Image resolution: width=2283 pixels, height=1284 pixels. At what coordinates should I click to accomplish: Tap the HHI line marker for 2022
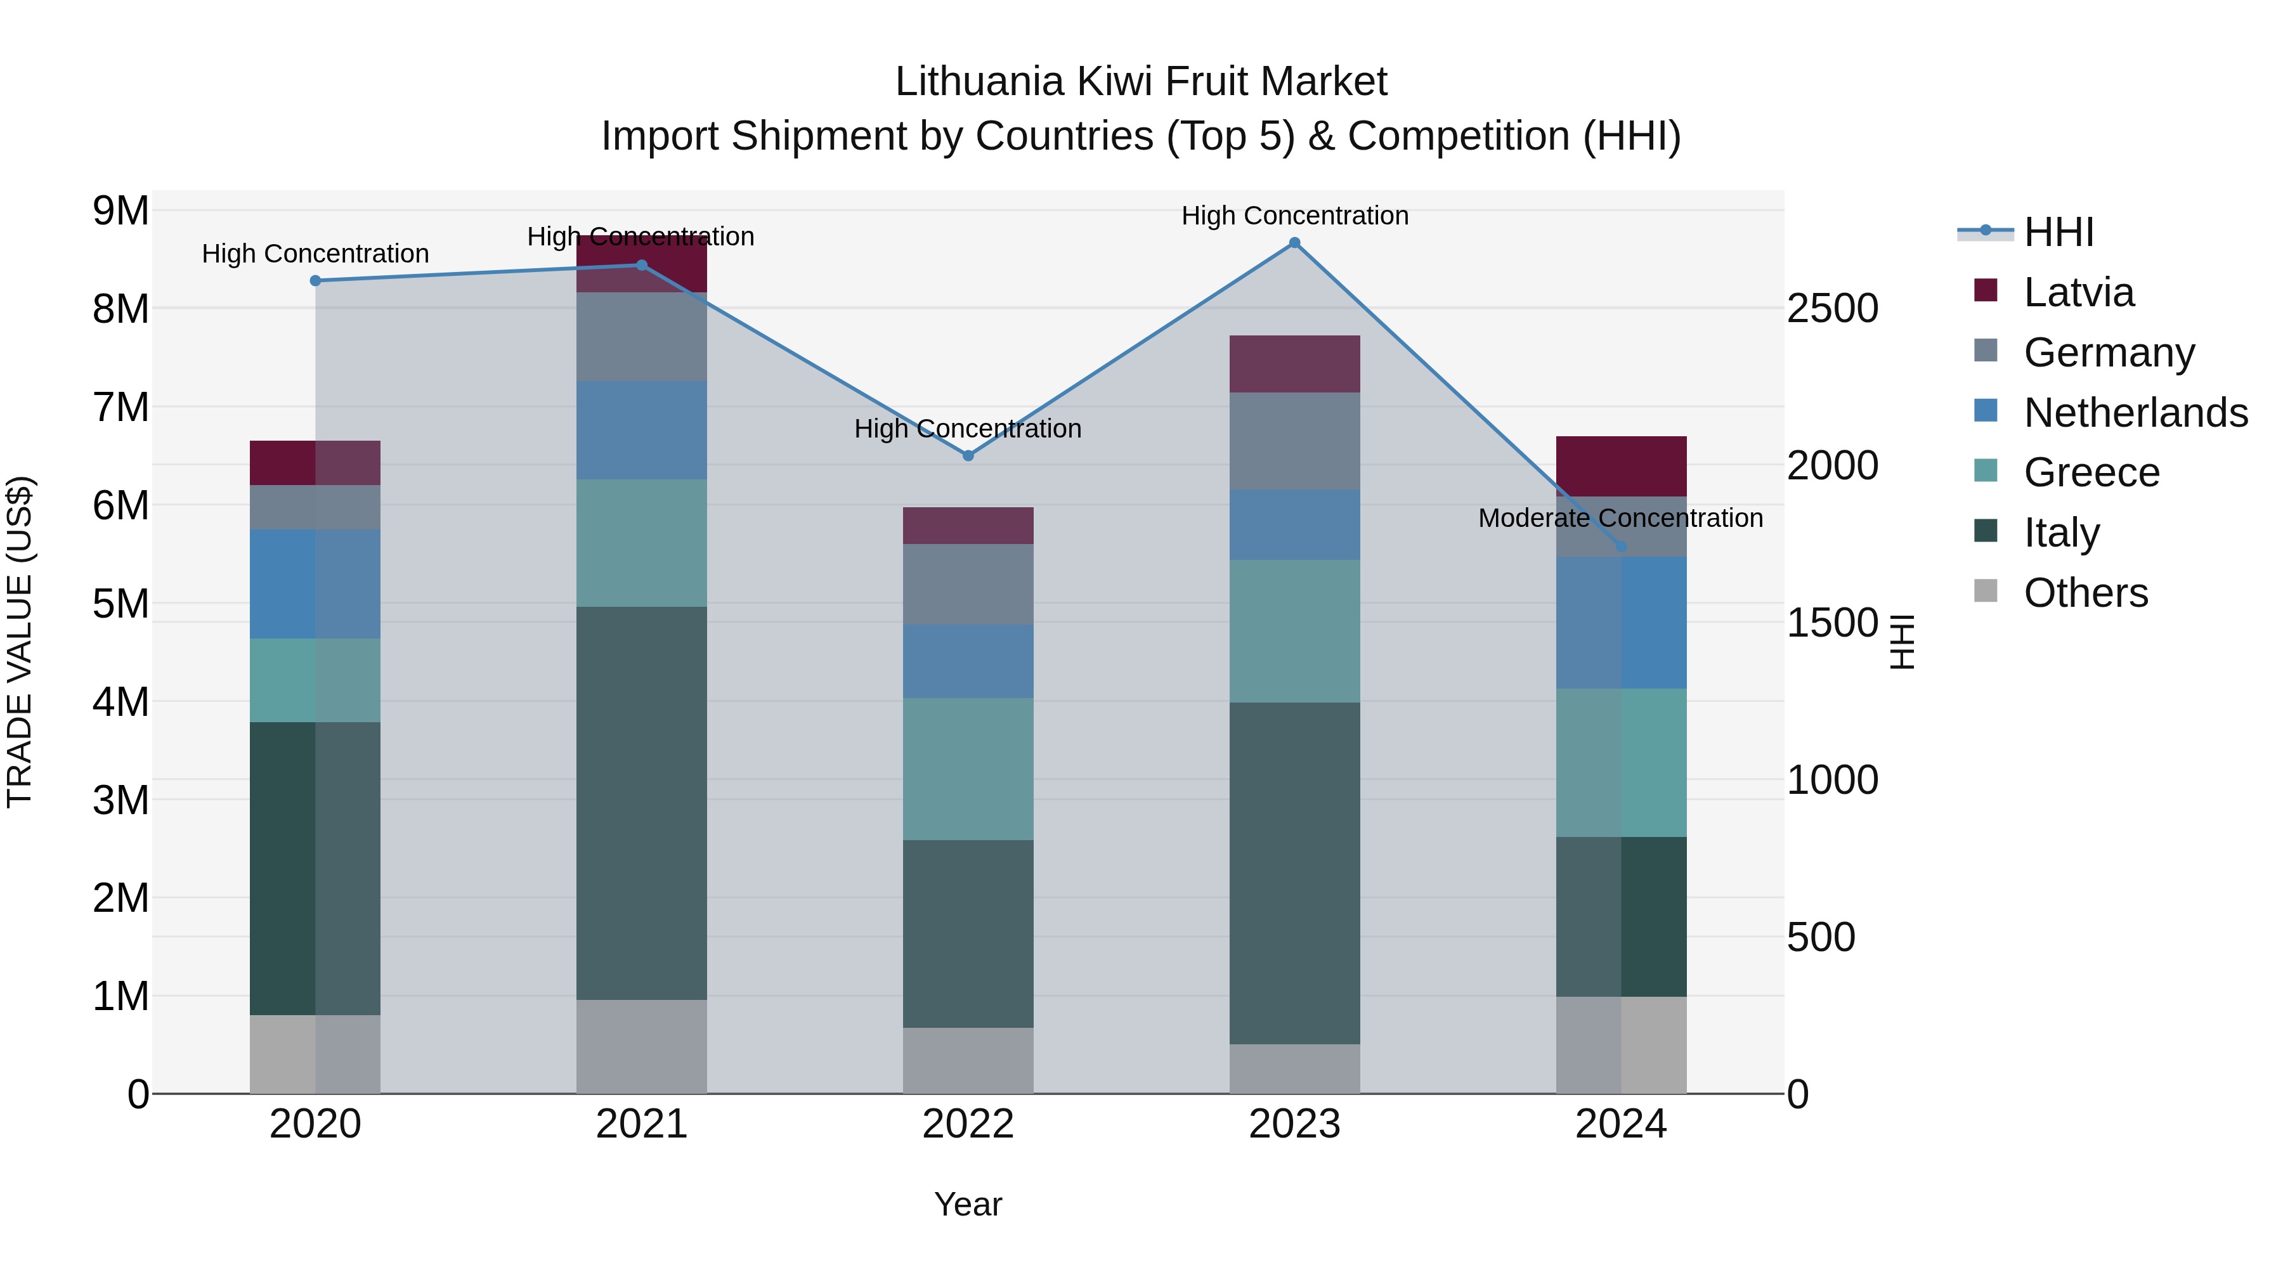pyautogui.click(x=968, y=455)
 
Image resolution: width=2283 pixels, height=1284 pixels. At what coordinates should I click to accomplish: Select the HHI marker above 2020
pyautogui.click(x=316, y=281)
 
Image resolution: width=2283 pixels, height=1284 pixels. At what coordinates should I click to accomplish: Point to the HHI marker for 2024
pyautogui.click(x=1621, y=546)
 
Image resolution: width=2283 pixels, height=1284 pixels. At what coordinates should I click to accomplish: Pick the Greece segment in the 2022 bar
pyautogui.click(x=968, y=769)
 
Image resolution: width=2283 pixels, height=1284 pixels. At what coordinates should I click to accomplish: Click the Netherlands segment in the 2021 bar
pyautogui.click(x=642, y=431)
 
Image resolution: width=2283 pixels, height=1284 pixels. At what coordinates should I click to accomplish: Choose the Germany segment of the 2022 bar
pyautogui.click(x=968, y=584)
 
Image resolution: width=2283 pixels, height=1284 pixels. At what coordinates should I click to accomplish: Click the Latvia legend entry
pyautogui.click(x=2078, y=292)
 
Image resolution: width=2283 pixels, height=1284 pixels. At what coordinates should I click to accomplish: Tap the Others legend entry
pyautogui.click(x=2085, y=593)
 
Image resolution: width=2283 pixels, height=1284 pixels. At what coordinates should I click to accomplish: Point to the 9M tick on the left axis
pyautogui.click(x=120, y=211)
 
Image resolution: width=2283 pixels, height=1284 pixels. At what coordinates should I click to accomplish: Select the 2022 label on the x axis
pyautogui.click(x=968, y=1124)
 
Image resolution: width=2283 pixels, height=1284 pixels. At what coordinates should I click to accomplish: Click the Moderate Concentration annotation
pyautogui.click(x=1620, y=519)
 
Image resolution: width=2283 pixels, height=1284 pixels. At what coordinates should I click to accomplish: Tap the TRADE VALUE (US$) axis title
pyautogui.click(x=20, y=642)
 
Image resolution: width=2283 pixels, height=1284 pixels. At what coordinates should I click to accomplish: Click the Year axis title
pyautogui.click(x=968, y=1204)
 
